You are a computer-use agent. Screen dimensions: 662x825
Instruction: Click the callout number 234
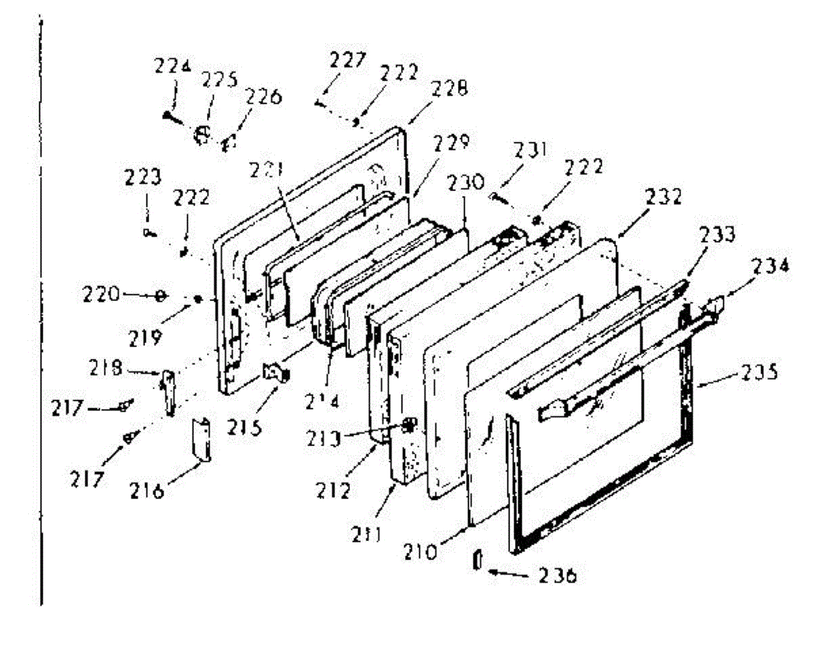768,265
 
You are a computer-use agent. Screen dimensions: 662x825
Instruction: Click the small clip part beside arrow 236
474,560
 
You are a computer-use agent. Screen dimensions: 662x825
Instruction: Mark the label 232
663,197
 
